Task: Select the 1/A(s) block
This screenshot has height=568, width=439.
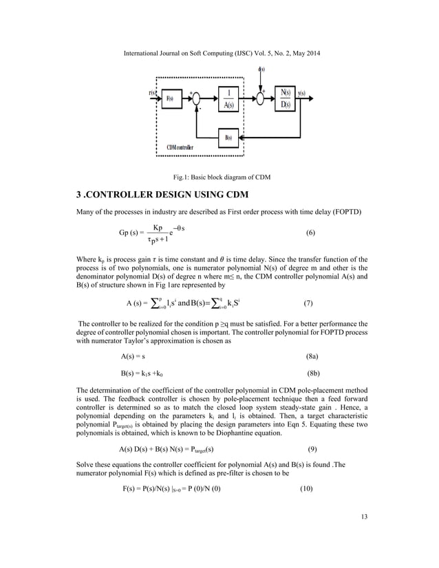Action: (x=229, y=98)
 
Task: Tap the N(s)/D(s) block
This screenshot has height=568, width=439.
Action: (x=285, y=98)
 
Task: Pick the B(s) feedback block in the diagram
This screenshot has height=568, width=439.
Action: (x=229, y=136)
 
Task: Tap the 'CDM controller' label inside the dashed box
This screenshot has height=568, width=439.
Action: (x=180, y=147)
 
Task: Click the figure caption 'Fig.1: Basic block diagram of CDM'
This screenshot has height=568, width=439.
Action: (x=219, y=177)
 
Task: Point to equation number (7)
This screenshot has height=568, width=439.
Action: (x=309, y=303)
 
